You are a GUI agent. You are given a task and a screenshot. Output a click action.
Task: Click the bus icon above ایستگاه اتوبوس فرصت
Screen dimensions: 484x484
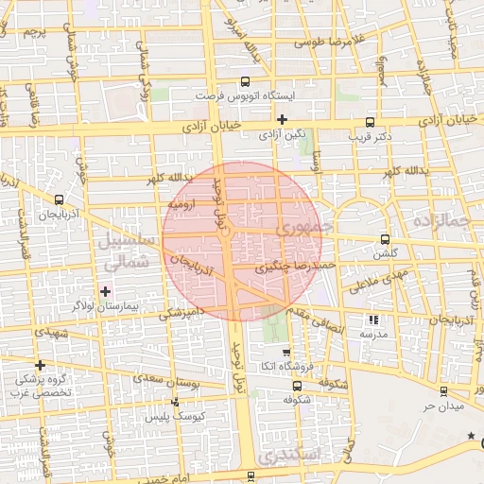[x=247, y=81]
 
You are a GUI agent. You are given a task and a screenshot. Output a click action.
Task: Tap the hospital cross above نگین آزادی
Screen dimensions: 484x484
[x=282, y=119]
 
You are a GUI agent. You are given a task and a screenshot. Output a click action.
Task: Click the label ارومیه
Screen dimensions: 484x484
[x=181, y=203]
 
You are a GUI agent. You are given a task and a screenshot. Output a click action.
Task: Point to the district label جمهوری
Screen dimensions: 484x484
[x=300, y=229]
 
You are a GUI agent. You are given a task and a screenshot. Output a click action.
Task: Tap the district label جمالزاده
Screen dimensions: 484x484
[x=441, y=219]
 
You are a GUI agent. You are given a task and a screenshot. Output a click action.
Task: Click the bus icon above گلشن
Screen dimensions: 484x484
[x=384, y=239]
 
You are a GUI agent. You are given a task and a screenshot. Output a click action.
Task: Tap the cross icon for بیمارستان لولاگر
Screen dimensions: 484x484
[x=105, y=290]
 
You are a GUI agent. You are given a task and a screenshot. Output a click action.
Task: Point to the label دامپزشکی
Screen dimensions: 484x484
[x=183, y=313]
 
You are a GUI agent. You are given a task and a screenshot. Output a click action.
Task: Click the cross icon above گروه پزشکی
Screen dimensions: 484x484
[x=40, y=365]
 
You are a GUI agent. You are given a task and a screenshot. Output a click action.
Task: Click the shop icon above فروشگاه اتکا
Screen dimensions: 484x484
[x=286, y=352]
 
